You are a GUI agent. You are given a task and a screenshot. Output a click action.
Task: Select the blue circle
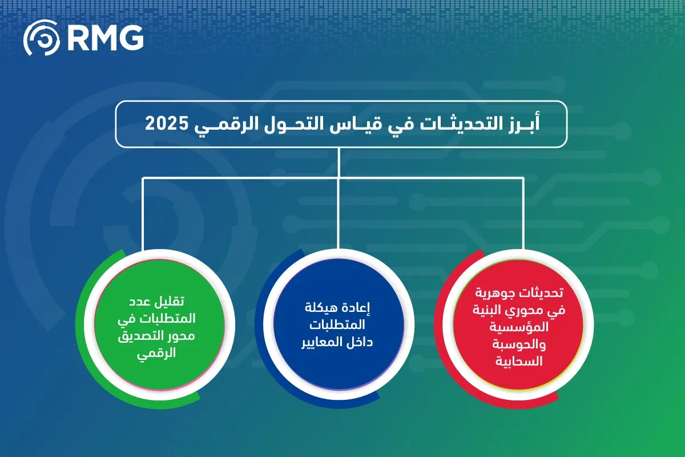point(339,331)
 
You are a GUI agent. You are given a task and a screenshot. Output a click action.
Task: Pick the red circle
point(519,331)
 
